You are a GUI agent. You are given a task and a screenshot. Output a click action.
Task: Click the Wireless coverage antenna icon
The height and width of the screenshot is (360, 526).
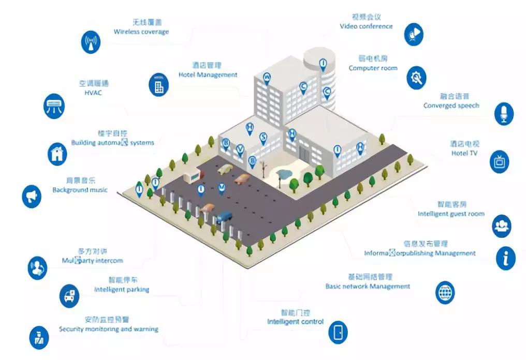pyautogui.click(x=92, y=42)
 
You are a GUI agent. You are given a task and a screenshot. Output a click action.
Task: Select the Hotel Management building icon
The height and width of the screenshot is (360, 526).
pyautogui.click(x=159, y=84)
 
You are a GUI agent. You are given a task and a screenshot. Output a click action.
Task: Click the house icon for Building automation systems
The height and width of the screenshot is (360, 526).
pyautogui.click(x=58, y=153)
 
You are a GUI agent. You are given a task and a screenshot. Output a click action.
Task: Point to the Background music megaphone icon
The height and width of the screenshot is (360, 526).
pyautogui.click(x=32, y=196)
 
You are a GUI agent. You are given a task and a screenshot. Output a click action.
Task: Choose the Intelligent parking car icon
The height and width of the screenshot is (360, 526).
pyautogui.click(x=69, y=295)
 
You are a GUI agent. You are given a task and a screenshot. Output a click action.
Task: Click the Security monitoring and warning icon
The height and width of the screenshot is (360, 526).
pyautogui.click(x=39, y=337)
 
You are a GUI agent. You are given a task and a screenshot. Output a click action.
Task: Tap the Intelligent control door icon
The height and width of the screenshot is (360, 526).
pyautogui.click(x=339, y=332)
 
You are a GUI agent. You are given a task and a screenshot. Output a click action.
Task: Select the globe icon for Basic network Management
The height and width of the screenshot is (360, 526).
pyautogui.click(x=445, y=292)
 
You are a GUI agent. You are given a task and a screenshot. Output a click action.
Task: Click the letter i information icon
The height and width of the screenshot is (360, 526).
pyautogui.click(x=505, y=258)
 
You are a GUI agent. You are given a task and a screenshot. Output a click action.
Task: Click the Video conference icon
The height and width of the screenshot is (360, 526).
pyautogui.click(x=414, y=34)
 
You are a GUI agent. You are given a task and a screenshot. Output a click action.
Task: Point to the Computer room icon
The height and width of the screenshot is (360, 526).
pyautogui.click(x=416, y=77)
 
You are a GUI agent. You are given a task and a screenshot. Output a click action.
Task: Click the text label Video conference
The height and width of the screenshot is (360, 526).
pyautogui.click(x=366, y=26)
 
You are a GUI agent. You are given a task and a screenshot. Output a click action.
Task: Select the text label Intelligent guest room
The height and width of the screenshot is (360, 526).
pyautogui.click(x=451, y=214)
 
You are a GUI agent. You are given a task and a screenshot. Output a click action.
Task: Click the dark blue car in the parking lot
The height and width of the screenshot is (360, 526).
pyautogui.click(x=225, y=216)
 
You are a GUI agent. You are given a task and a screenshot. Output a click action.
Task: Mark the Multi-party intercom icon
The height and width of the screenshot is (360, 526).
pyautogui.click(x=37, y=267)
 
